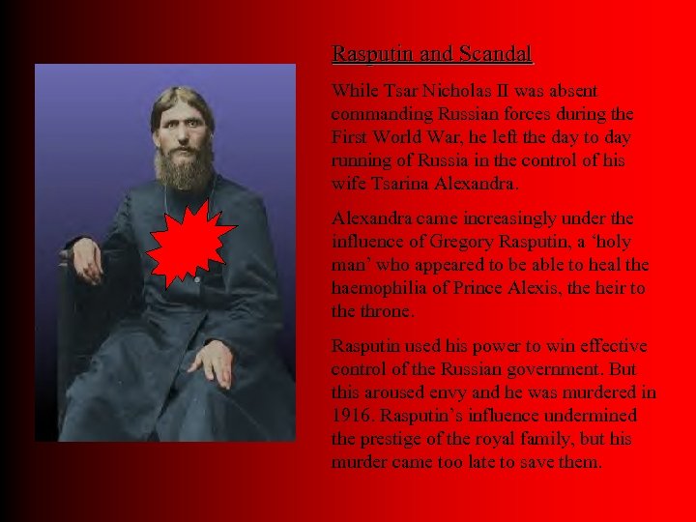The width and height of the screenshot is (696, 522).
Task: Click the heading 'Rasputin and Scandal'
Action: coord(432,54)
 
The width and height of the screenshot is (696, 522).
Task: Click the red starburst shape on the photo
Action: coord(189,246)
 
